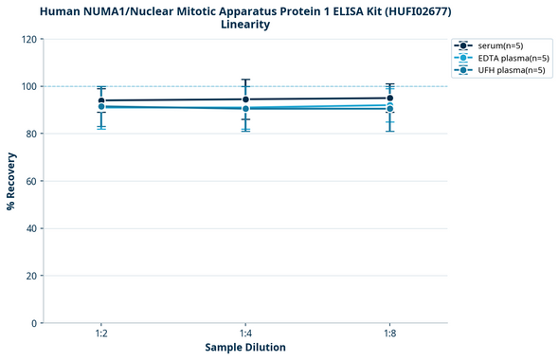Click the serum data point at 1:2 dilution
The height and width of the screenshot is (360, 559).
pos(101,100)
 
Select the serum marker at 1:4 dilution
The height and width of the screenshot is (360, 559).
pos(245,99)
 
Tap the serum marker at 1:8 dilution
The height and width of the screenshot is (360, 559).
pos(389,98)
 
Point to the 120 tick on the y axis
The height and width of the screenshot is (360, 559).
pos(28,39)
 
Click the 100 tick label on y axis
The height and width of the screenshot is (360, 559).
pos(28,86)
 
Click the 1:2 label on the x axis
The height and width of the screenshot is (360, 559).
pos(101,334)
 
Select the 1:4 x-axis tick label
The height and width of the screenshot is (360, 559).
pos(245,334)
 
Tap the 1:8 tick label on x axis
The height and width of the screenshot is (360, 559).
pos(389,334)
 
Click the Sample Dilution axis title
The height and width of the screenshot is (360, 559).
pos(245,348)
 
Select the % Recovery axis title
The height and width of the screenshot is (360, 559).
pos(11,181)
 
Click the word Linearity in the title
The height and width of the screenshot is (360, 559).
pos(244,24)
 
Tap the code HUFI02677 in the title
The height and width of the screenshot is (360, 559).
pos(414,10)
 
